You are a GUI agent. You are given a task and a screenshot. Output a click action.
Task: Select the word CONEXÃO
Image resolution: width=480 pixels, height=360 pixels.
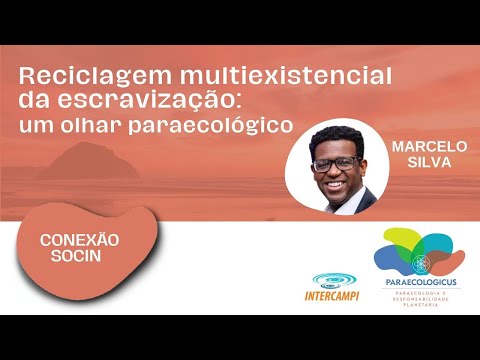pyautogui.click(x=80, y=241)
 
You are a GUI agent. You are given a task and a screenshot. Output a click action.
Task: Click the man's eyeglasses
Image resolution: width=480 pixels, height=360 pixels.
pyautogui.click(x=335, y=162)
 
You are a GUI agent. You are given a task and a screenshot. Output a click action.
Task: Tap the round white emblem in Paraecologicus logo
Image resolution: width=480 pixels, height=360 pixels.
pyautogui.click(x=420, y=264)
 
